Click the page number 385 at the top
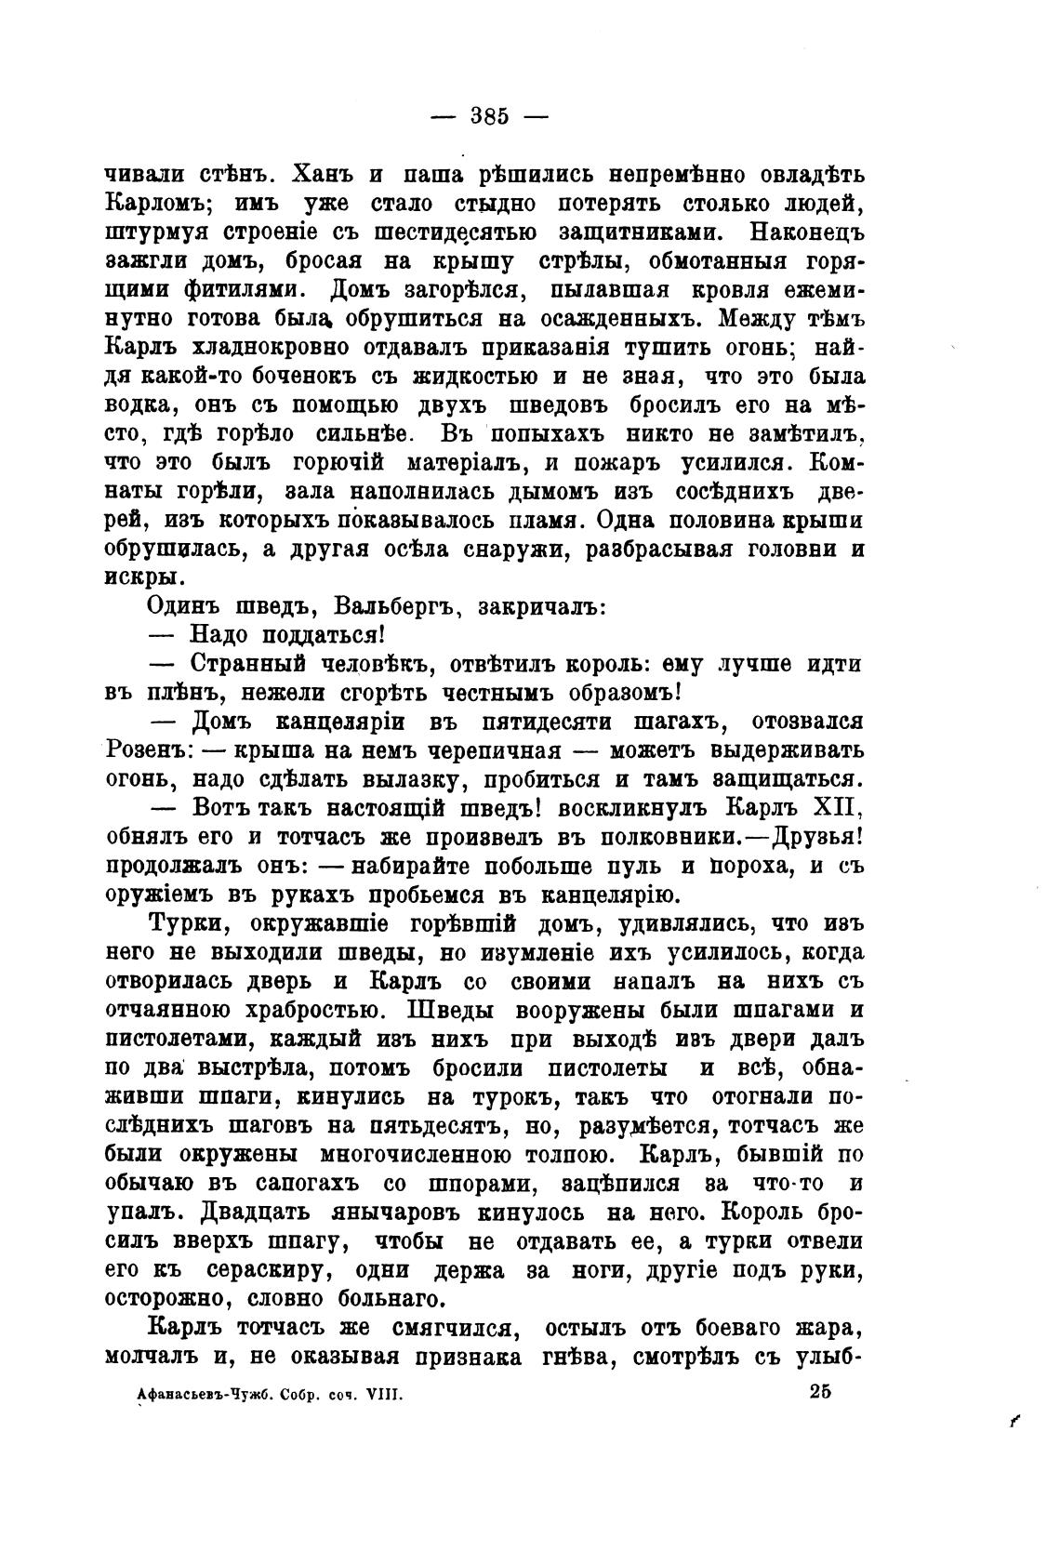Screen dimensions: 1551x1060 [490, 116]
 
